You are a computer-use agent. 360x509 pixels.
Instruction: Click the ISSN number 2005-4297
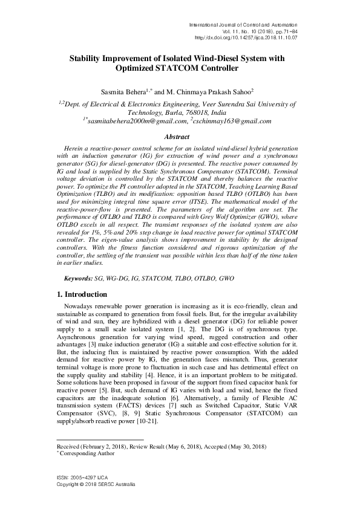80,479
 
